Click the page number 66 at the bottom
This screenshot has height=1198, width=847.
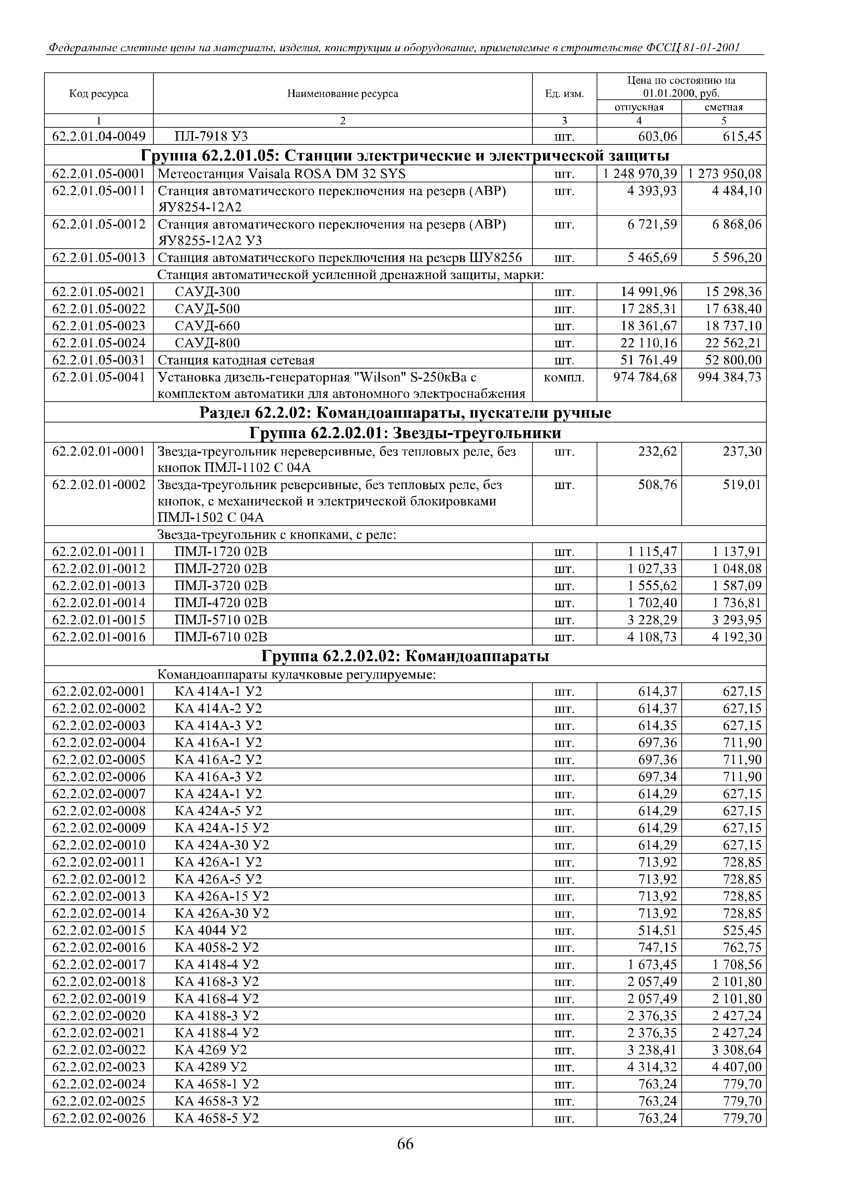point(405,1144)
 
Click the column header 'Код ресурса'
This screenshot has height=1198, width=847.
point(99,94)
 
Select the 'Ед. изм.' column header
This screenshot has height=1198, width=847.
point(564,94)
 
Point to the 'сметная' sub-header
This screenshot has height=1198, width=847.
point(723,108)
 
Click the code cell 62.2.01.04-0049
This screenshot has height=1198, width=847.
point(99,137)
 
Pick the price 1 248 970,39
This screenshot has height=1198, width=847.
point(640,174)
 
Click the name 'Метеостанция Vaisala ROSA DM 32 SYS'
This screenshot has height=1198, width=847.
point(281,174)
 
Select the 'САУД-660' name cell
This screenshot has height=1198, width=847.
point(207,326)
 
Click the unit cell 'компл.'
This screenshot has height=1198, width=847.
point(564,377)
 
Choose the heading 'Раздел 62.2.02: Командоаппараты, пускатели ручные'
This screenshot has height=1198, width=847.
point(405,413)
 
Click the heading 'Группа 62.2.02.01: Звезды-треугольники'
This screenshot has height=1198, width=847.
point(405,433)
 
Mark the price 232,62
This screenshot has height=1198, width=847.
point(657,451)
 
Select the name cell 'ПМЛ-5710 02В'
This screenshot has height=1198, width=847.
point(221,620)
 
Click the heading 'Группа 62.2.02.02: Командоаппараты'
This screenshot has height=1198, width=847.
point(405,656)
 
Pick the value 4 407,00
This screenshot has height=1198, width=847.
point(736,1067)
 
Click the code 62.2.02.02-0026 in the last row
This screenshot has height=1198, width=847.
point(99,1118)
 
